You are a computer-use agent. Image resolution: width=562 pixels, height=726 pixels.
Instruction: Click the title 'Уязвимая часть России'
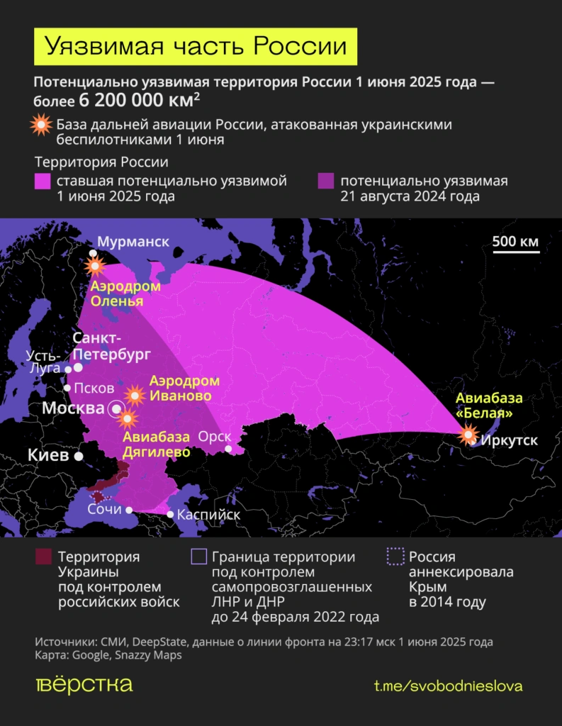tap(196, 46)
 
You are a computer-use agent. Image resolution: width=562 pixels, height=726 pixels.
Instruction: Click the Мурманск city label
tap(133, 242)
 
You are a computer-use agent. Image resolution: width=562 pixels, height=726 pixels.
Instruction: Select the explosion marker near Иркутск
tap(468, 434)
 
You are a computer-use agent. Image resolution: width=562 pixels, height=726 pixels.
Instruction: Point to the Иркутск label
tap(509, 440)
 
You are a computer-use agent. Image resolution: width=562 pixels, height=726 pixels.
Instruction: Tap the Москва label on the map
tap(74, 408)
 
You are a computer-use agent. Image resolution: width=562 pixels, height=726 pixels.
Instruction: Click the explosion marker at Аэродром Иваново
tap(135, 395)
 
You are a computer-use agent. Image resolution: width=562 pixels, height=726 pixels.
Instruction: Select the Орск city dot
tap(228, 448)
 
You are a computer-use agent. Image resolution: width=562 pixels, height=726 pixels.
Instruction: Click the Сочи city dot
tap(129, 510)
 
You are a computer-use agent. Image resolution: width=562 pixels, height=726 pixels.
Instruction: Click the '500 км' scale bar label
tap(515, 241)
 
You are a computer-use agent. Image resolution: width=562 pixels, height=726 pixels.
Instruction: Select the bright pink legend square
tap(43, 181)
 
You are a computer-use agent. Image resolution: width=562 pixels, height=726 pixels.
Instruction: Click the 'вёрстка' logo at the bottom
tap(84, 685)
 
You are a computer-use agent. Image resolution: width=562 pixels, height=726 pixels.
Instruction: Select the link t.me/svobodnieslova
tap(448, 686)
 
